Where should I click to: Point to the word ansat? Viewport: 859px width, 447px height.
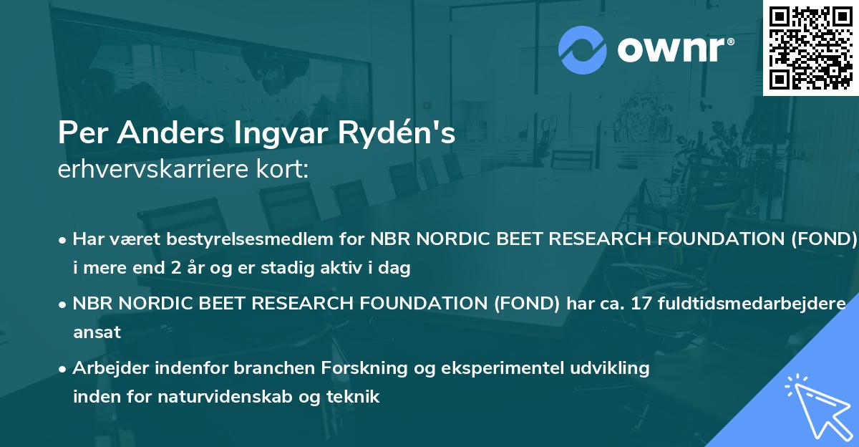[97, 332]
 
